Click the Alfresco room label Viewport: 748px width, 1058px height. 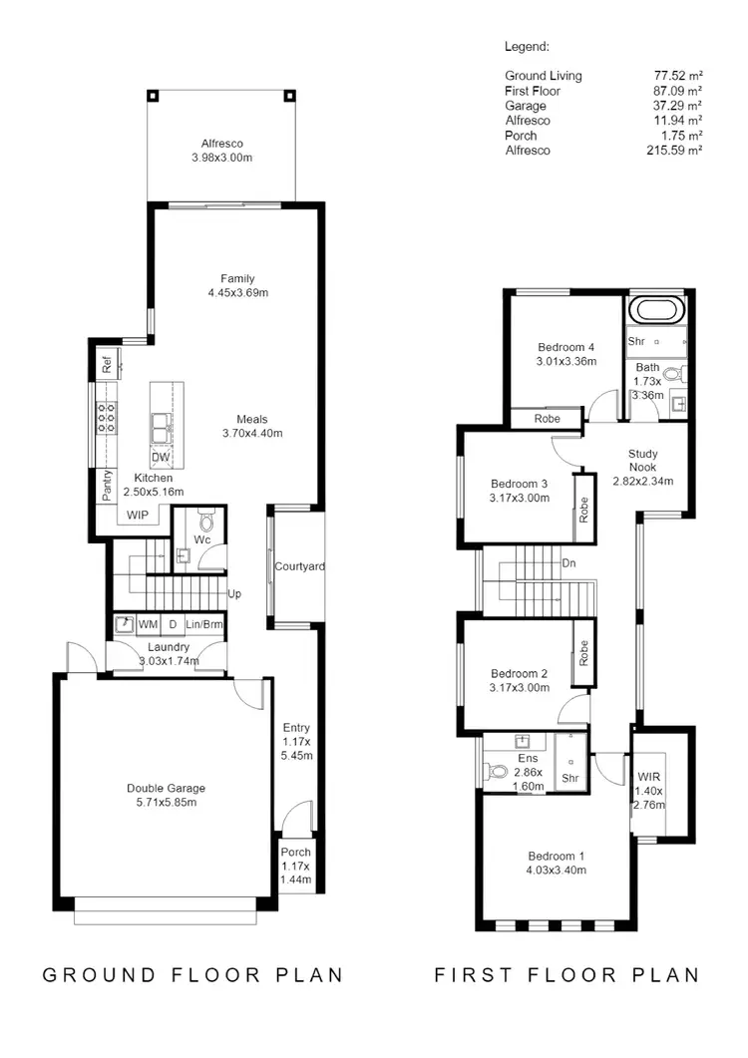point(221,144)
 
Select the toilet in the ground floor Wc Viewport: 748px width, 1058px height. point(207,520)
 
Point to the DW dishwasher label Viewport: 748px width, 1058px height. point(160,458)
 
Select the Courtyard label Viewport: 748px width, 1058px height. point(299,566)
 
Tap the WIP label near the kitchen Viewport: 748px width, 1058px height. point(137,515)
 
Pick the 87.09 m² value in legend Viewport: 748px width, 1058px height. point(674,91)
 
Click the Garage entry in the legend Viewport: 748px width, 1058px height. point(526,106)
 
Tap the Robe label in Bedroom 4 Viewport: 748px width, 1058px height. point(547,419)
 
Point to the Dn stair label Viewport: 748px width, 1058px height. point(568,563)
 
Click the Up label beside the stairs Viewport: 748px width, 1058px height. point(235,594)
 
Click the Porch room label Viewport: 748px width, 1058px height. point(295,853)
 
